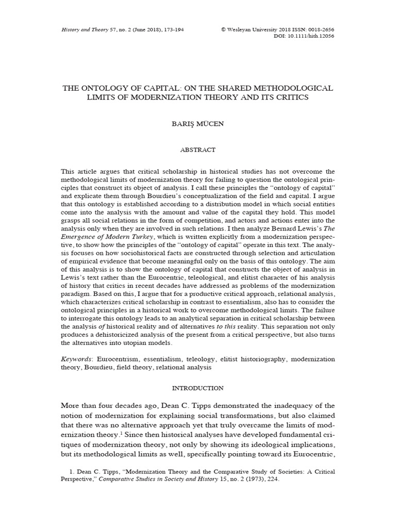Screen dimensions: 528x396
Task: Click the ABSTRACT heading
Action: (x=197, y=150)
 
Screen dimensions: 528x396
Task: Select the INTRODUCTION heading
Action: (x=197, y=388)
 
